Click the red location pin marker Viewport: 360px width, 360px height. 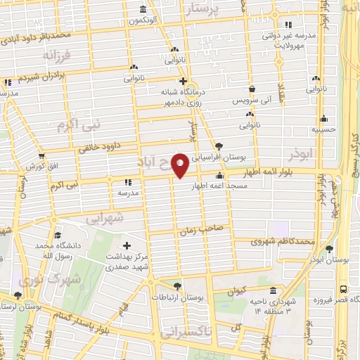[181, 166]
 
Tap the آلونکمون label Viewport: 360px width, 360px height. [143, 20]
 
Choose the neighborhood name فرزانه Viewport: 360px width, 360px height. [56, 55]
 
